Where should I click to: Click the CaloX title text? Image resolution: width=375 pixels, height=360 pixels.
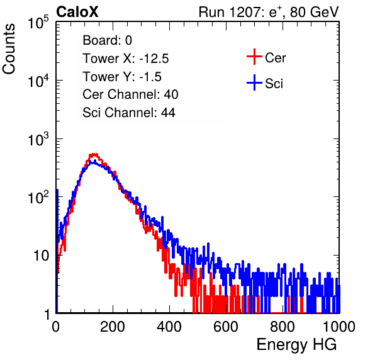tap(77, 12)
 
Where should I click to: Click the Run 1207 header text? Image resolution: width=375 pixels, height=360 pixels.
tap(269, 12)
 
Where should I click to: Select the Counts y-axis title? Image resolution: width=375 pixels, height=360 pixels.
tap(9, 49)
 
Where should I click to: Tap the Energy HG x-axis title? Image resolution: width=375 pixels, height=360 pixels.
tap(296, 345)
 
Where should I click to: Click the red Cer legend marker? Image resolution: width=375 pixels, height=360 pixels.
tap(254, 57)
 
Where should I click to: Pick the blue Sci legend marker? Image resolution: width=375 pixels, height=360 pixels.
tap(254, 82)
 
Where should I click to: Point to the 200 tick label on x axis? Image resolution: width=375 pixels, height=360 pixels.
tap(113, 327)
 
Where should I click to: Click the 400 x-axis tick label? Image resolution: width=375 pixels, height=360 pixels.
tap(169, 327)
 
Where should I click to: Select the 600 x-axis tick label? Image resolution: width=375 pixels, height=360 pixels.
tap(226, 327)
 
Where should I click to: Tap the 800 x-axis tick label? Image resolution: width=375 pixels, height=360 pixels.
tap(283, 327)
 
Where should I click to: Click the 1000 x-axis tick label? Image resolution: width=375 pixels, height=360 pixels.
tap(339, 327)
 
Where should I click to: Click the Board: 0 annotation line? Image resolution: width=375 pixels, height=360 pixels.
tap(108, 40)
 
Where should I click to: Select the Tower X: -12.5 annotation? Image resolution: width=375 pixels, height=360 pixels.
tap(126, 59)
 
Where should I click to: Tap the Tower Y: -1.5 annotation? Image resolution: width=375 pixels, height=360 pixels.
tap(122, 77)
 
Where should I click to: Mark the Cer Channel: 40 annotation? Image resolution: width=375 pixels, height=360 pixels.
tap(130, 94)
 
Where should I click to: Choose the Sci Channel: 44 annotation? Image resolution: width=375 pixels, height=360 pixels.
tap(129, 113)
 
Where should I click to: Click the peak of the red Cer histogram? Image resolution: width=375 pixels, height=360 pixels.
tap(94, 155)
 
